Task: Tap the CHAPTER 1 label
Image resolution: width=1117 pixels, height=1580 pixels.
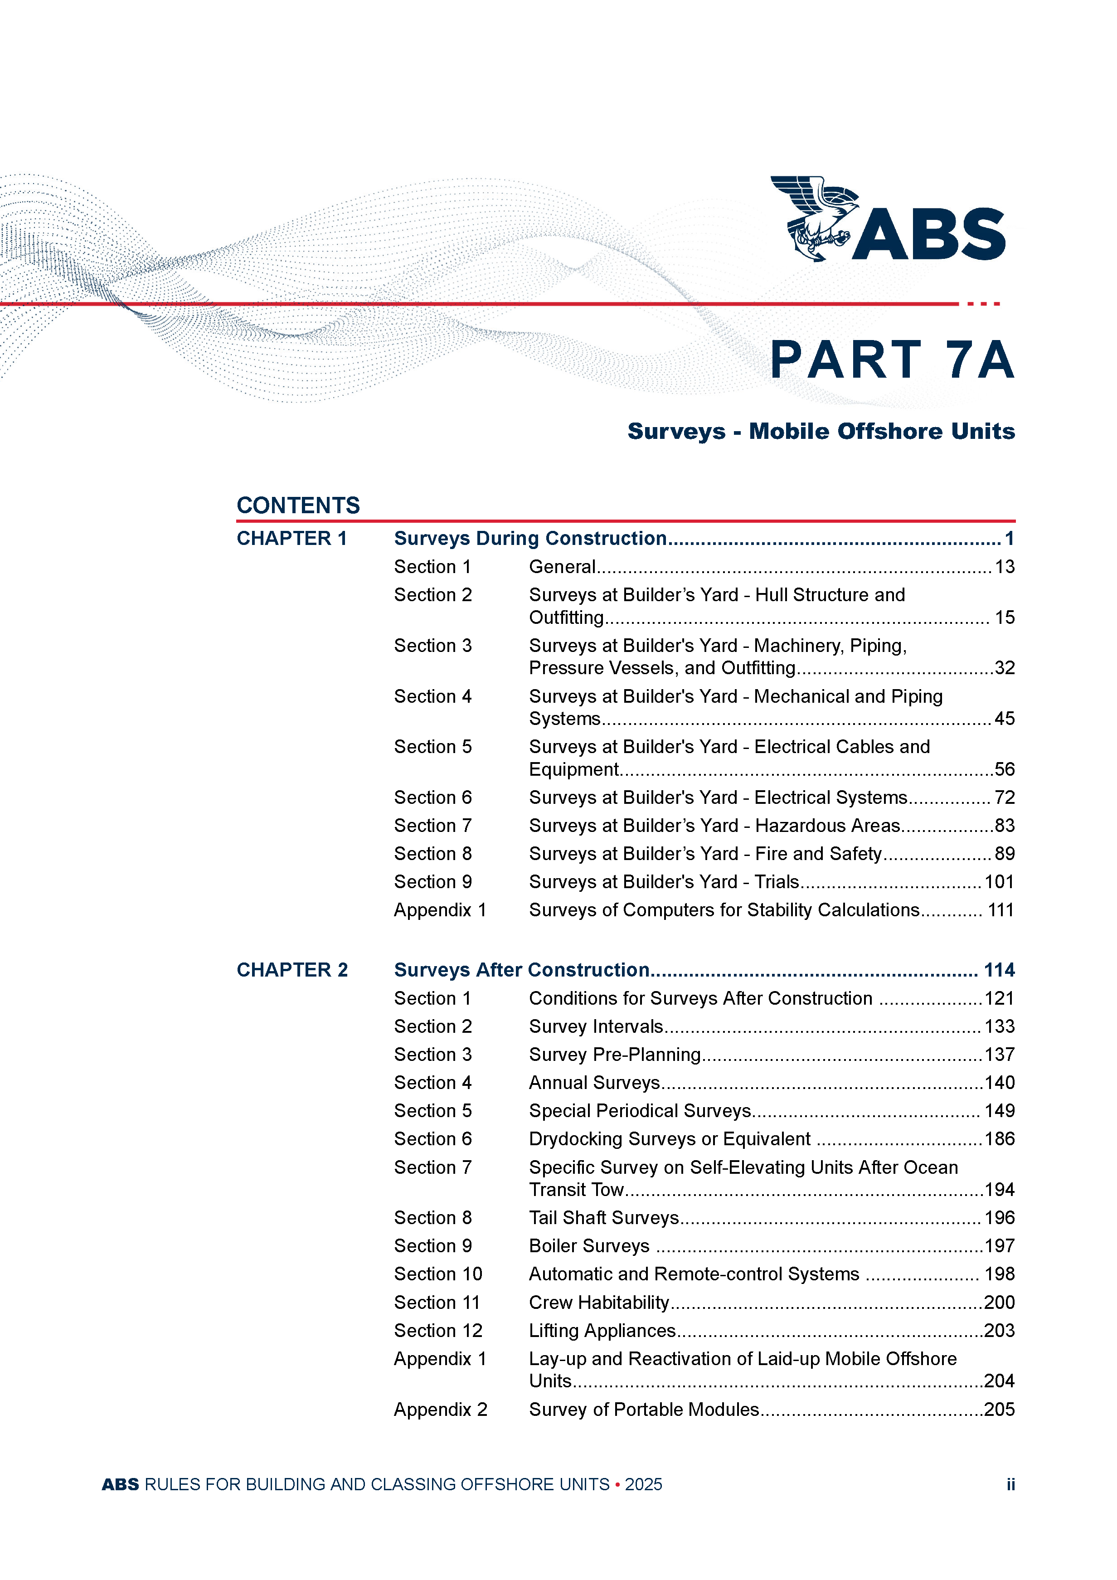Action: point(292,538)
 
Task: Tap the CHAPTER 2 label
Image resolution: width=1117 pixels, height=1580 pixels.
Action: point(292,970)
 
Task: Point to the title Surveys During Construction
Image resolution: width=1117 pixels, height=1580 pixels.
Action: point(530,538)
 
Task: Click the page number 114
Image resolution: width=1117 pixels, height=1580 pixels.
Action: point(999,970)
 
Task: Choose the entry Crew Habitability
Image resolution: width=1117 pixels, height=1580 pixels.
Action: point(599,1302)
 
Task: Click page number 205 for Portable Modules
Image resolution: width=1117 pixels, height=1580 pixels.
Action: point(999,1410)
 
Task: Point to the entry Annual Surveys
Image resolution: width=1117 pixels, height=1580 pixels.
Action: point(594,1083)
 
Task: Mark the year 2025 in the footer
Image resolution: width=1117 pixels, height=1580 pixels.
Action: point(643,1484)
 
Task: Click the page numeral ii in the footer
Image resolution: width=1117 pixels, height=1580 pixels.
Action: point(1010,1484)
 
